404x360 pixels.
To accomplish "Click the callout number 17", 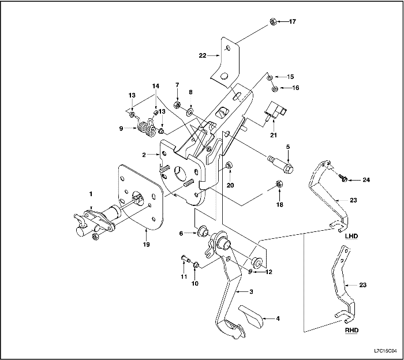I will (292, 22).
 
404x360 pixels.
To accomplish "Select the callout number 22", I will (203, 56).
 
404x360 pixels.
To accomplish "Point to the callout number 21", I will (273, 135).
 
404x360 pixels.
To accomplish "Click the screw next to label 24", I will (343, 178).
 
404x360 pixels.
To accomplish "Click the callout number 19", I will (146, 244).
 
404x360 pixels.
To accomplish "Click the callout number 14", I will (155, 85).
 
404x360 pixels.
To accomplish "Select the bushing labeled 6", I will (202, 232).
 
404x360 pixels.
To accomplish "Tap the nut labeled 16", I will (275, 88).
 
